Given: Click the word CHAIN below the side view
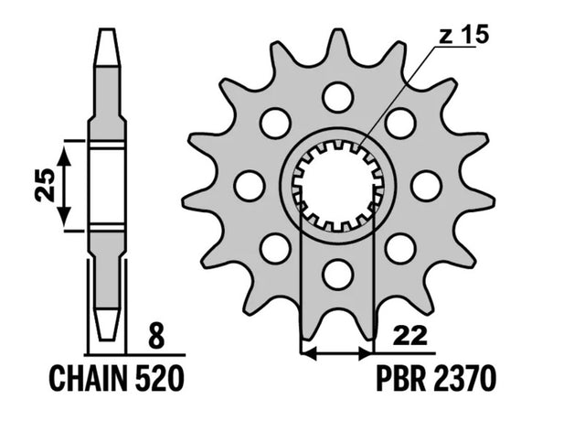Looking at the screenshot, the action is click(x=88, y=378).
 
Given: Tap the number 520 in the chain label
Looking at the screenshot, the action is click(x=159, y=378).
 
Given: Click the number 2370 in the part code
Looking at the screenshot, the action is click(x=465, y=378).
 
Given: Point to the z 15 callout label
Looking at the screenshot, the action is click(x=463, y=36).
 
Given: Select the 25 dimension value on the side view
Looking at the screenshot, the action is click(x=45, y=185).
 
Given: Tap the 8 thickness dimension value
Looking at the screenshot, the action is click(x=156, y=336).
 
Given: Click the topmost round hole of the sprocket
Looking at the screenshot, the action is click(x=338, y=97).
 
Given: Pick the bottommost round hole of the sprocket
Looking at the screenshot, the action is click(x=338, y=275).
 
